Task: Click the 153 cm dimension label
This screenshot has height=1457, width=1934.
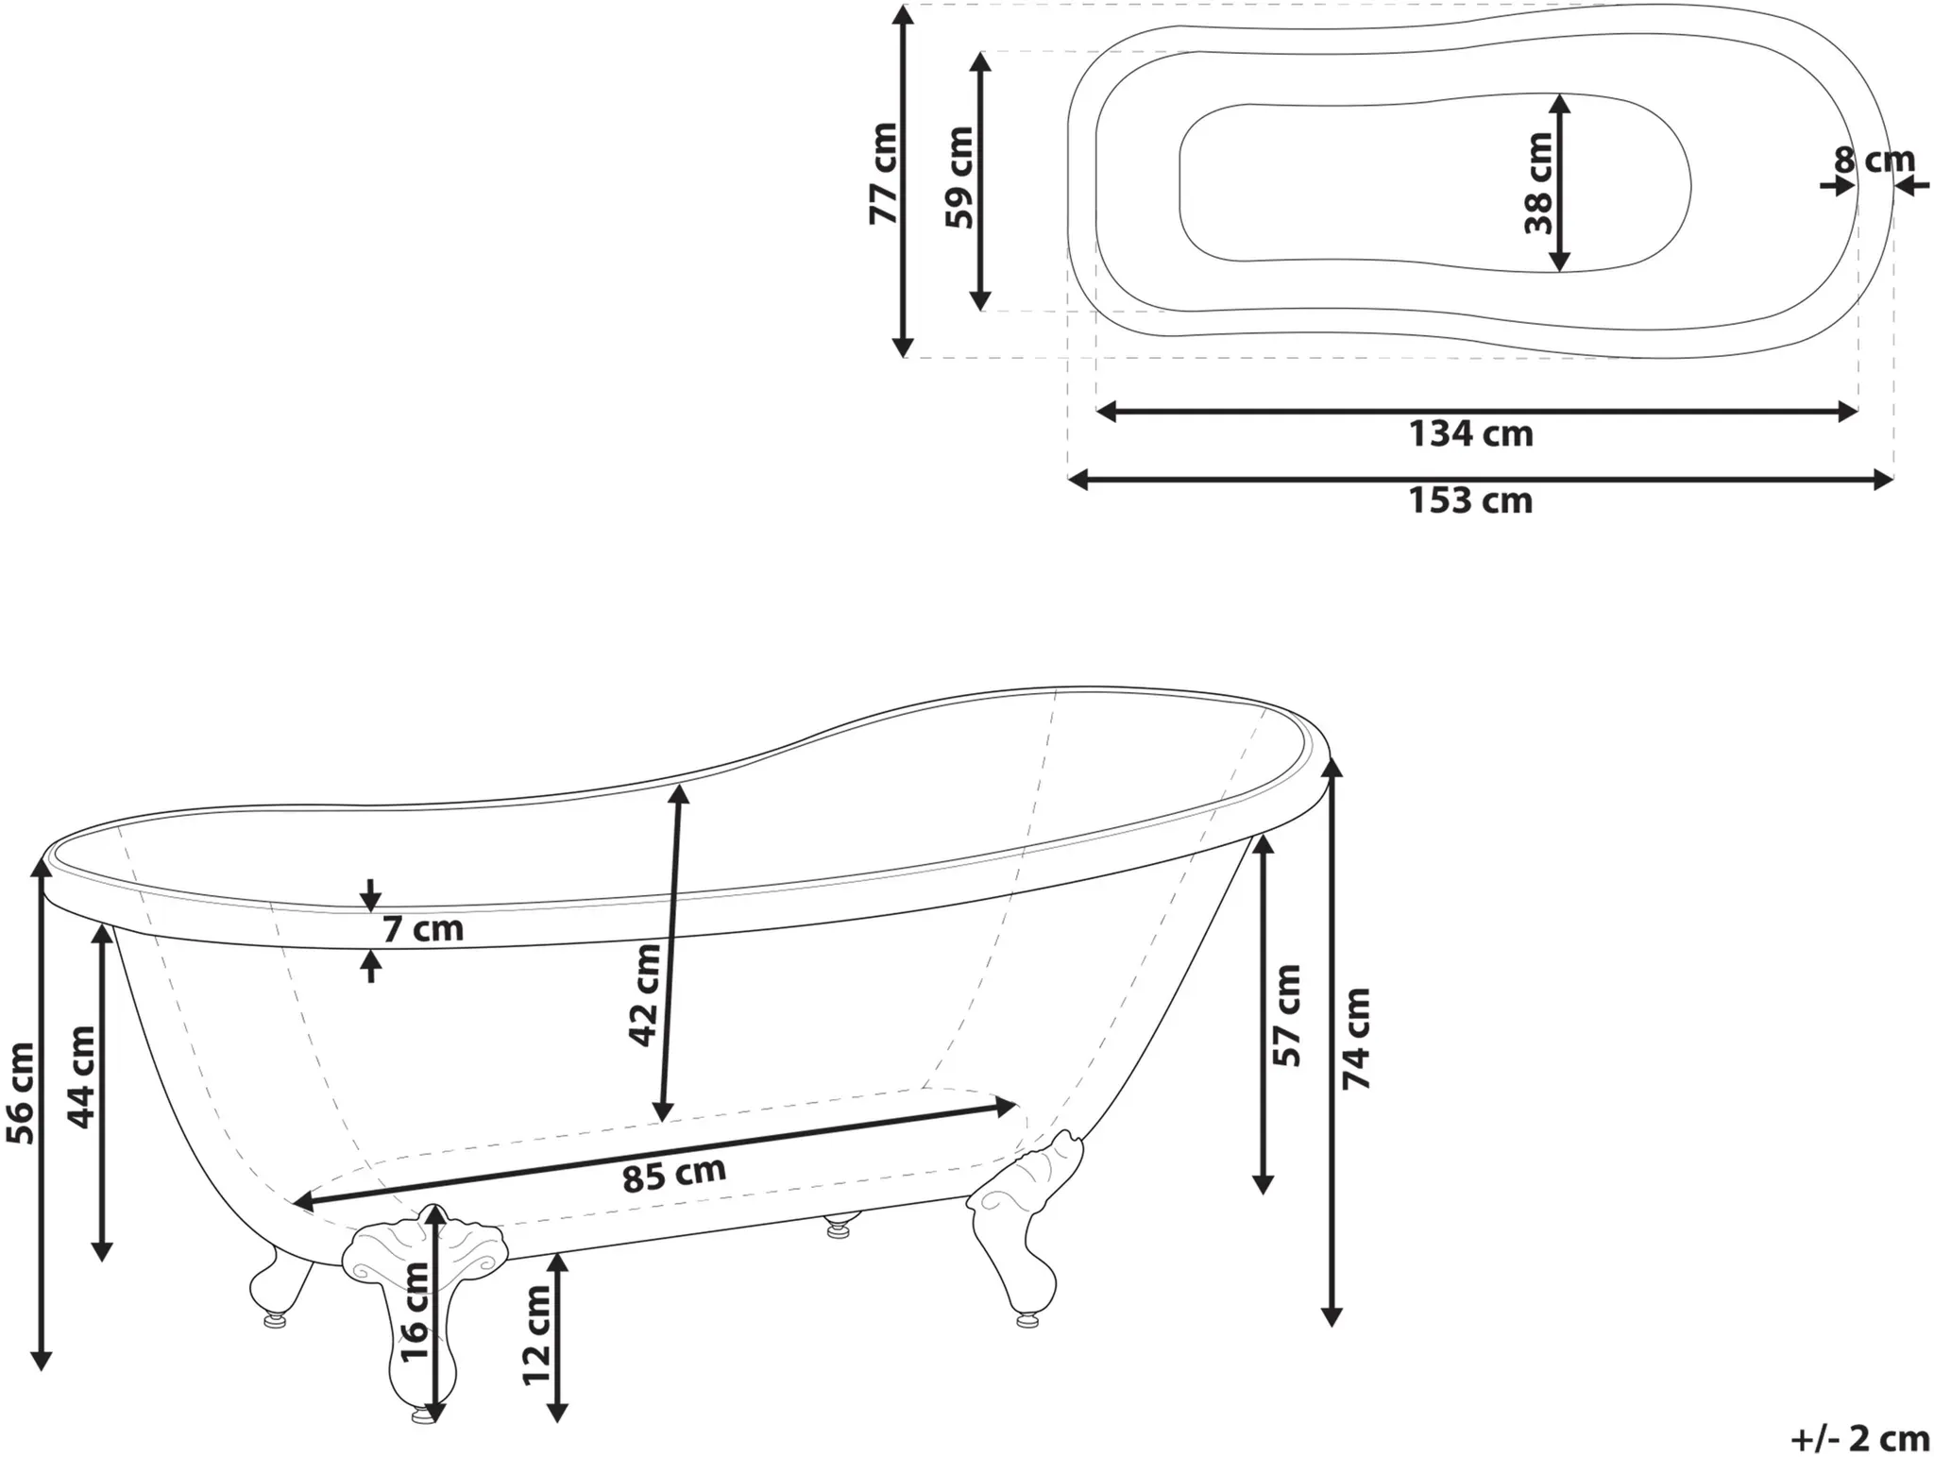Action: coord(1470,500)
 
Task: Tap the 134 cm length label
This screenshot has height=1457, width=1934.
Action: coord(1470,434)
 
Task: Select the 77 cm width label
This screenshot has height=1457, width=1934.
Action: coord(883,174)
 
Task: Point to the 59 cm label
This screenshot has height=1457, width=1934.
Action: coord(959,177)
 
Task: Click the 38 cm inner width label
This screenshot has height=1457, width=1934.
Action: coord(1538,182)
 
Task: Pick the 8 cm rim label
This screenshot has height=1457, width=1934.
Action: coord(1875,161)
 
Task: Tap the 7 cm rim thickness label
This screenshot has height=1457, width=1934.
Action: coord(423,929)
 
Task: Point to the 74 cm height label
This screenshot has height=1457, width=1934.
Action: coord(1356,1039)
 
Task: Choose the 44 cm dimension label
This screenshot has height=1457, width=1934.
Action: coord(82,1077)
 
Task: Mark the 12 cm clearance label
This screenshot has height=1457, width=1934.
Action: coord(536,1335)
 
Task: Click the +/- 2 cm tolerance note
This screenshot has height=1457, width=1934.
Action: coord(1860,1438)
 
